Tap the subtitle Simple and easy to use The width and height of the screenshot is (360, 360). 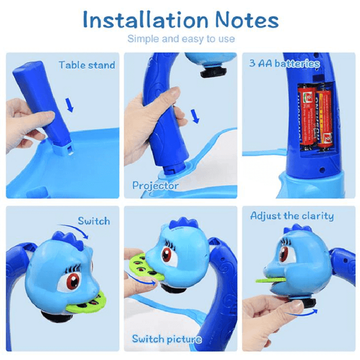180,39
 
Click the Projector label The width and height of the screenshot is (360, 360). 155,185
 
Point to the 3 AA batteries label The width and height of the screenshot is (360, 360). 284,63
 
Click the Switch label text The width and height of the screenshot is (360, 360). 93,220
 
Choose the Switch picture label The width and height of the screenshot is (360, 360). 166,339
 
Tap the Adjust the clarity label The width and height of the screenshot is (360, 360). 291,216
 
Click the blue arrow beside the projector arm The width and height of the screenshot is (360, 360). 195,116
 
